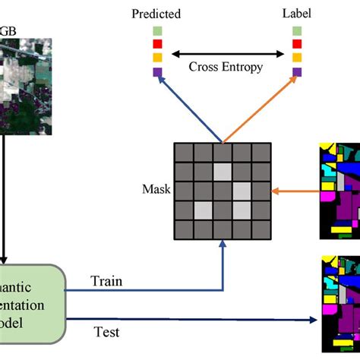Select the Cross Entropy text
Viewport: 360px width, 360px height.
[226, 67]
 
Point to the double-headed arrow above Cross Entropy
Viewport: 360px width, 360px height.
[226, 53]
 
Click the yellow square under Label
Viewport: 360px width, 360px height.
[296, 58]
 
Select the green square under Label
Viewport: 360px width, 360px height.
[296, 31]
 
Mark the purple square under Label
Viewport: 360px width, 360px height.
[296, 72]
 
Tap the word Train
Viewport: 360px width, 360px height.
[106, 281]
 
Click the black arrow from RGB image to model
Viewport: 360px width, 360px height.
[3, 205]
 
